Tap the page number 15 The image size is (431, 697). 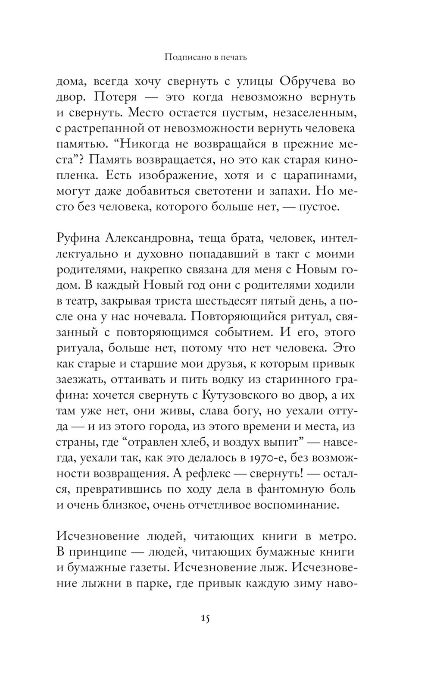click(205, 618)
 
